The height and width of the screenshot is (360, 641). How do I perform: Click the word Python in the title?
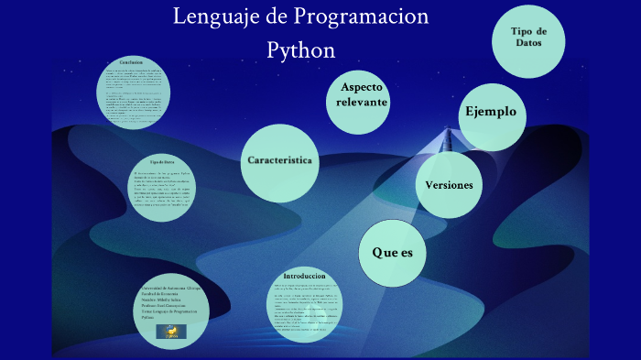[300, 49]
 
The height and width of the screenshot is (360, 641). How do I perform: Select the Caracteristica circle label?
[280, 160]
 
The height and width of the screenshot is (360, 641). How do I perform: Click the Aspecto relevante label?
[362, 94]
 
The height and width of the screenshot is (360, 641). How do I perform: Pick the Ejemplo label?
[491, 112]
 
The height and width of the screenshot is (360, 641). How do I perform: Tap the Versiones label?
[449, 185]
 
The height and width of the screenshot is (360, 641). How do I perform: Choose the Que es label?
[392, 252]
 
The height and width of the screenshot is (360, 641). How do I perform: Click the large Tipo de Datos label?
[529, 38]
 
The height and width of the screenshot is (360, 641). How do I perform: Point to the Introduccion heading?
[305, 276]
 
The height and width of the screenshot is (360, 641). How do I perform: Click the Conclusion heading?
[131, 62]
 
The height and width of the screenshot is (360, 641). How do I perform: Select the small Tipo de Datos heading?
[162, 161]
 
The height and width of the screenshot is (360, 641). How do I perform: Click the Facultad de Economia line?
[164, 294]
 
